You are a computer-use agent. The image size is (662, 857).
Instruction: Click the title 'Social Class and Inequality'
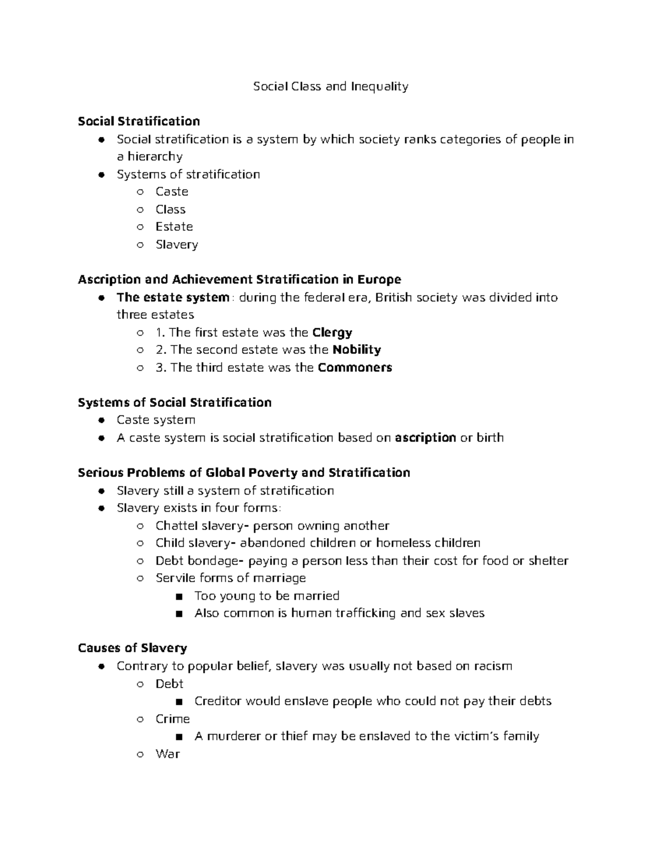pyautogui.click(x=330, y=86)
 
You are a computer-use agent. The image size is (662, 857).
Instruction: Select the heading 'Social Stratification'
pyautogui.click(x=138, y=121)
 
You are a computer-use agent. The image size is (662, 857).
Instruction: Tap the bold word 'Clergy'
pyautogui.click(x=332, y=333)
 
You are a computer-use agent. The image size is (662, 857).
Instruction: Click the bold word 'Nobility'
pyautogui.click(x=357, y=350)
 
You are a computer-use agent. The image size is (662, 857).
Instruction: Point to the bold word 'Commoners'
pyautogui.click(x=355, y=368)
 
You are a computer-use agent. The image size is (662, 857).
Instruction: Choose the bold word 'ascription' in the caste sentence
pyautogui.click(x=425, y=438)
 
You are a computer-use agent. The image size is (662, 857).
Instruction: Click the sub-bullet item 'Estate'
pyautogui.click(x=174, y=227)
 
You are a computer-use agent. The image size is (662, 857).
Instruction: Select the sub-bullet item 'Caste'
pyautogui.click(x=172, y=191)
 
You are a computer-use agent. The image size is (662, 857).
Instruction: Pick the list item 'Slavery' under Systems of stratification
pyautogui.click(x=177, y=244)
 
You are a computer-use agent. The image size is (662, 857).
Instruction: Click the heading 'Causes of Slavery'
pyautogui.click(x=132, y=648)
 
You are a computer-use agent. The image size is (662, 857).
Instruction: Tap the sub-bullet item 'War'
pyautogui.click(x=167, y=754)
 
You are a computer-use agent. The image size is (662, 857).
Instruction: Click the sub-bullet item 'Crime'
pyautogui.click(x=172, y=719)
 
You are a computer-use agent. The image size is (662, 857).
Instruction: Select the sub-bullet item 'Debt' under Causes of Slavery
pyautogui.click(x=169, y=684)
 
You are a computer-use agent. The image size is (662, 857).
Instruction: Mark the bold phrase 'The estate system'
pyautogui.click(x=173, y=297)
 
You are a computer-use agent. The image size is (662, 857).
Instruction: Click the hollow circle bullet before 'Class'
pyautogui.click(x=141, y=210)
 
